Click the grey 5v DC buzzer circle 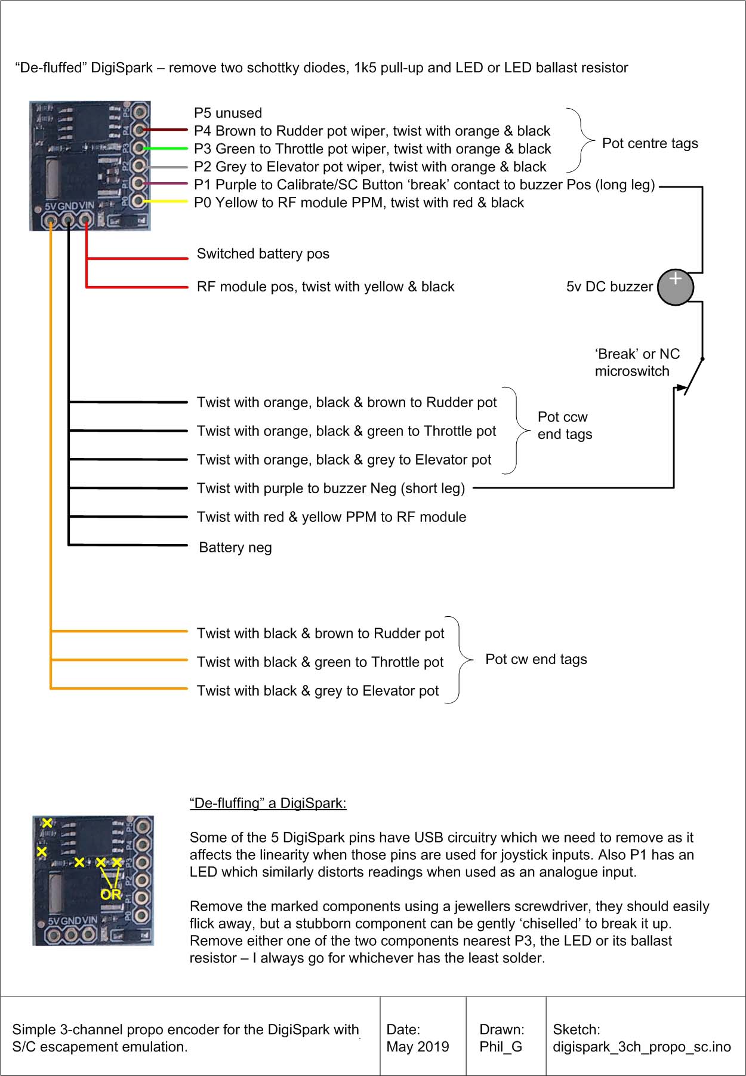[x=675, y=288]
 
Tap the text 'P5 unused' [x=227, y=113]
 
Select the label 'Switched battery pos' [x=263, y=254]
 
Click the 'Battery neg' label [x=235, y=548]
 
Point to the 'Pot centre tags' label [x=650, y=143]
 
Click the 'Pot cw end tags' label [x=536, y=659]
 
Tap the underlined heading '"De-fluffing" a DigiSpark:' [x=268, y=803]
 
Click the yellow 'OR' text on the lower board [x=111, y=894]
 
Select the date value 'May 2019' [x=418, y=1047]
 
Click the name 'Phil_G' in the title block [x=501, y=1047]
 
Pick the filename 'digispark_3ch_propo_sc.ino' [x=642, y=1047]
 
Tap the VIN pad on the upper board [x=86, y=222]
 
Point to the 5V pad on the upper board [x=51, y=222]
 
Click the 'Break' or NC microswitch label [x=637, y=362]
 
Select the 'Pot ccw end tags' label [x=565, y=425]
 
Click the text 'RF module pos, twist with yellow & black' [x=325, y=287]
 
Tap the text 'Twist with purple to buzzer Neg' [x=331, y=488]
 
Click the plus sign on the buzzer [x=675, y=278]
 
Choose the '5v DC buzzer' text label [x=609, y=287]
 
